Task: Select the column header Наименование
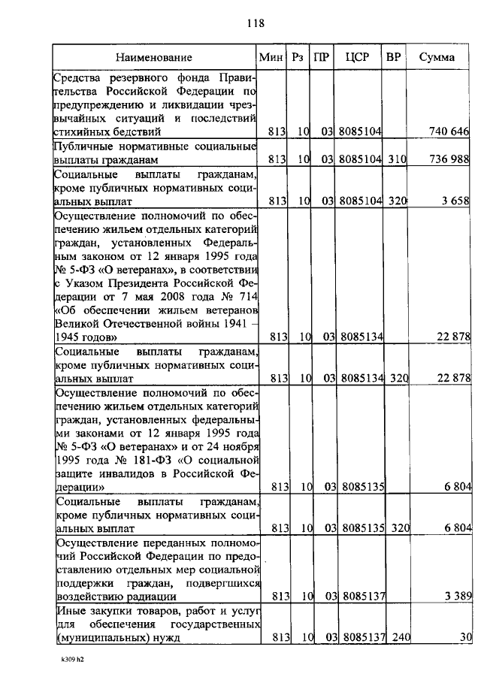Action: point(154,57)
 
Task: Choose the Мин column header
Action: point(270,57)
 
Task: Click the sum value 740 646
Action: point(449,131)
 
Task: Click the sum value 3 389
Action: point(456,597)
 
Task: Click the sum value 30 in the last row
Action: point(465,638)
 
